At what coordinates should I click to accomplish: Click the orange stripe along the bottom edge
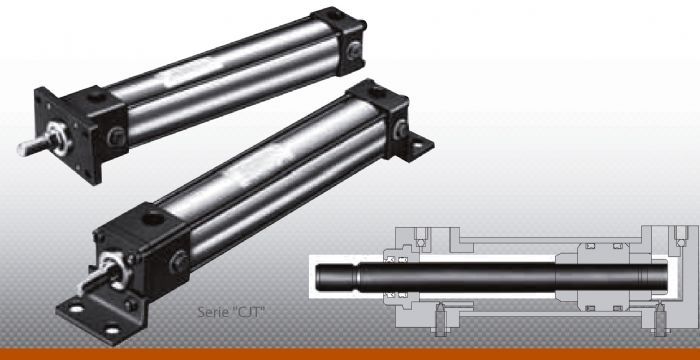(350, 354)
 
